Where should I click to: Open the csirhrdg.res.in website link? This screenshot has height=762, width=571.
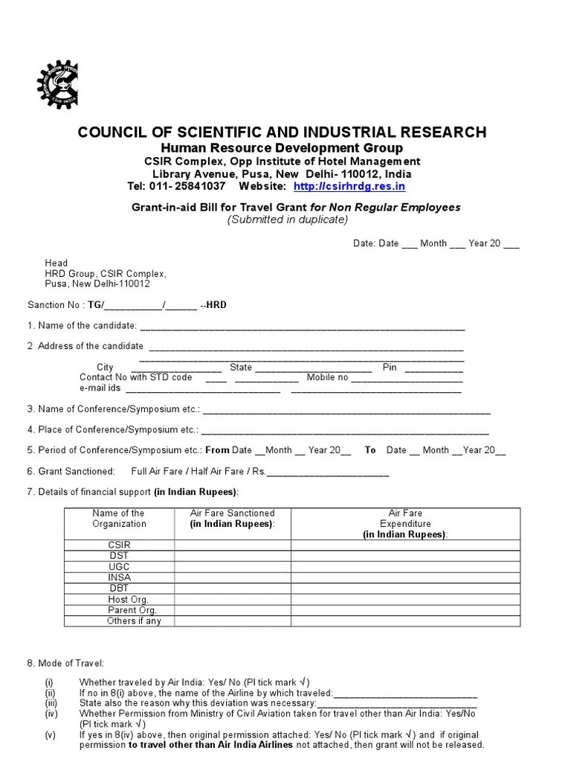349,186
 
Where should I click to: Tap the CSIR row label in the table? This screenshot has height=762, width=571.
119,545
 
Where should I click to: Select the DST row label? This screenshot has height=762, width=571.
119,556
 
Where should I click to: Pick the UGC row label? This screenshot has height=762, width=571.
119,566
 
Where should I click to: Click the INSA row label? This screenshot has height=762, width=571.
119,577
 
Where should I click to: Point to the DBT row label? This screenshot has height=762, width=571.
119,588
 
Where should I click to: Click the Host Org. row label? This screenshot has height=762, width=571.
128,599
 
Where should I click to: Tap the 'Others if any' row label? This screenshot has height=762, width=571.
134,621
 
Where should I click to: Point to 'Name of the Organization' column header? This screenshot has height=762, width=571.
119,518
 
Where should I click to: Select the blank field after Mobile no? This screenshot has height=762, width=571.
406,379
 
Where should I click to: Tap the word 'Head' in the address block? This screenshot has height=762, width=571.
56,263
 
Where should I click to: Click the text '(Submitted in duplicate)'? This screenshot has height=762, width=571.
287,220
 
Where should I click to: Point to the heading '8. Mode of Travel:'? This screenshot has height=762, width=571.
65,663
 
